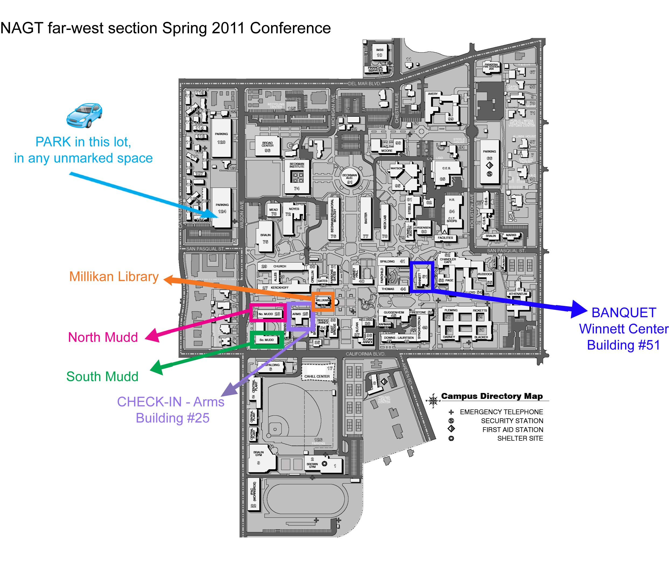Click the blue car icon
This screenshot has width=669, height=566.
[x=84, y=115]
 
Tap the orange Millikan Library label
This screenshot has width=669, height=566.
[x=114, y=277]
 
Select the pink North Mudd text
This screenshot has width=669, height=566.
[x=103, y=337]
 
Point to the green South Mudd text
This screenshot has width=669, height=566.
[x=102, y=376]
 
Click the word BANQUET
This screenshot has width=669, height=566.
[x=624, y=313]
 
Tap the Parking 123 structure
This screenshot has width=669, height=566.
[x=221, y=138]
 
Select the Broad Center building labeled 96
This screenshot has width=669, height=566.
[x=267, y=146]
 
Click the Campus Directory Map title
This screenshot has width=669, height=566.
[x=492, y=396]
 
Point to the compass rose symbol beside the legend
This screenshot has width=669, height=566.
[x=433, y=400]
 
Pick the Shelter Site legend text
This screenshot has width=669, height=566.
[x=520, y=438]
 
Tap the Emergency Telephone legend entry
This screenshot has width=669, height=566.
[x=501, y=412]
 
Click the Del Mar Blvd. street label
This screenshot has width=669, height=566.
[x=365, y=84]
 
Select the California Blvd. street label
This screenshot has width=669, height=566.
[x=365, y=354]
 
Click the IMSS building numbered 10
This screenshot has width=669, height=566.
[x=380, y=52]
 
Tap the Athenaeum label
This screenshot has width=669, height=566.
[x=518, y=294]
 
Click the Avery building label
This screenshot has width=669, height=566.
[x=433, y=94]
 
